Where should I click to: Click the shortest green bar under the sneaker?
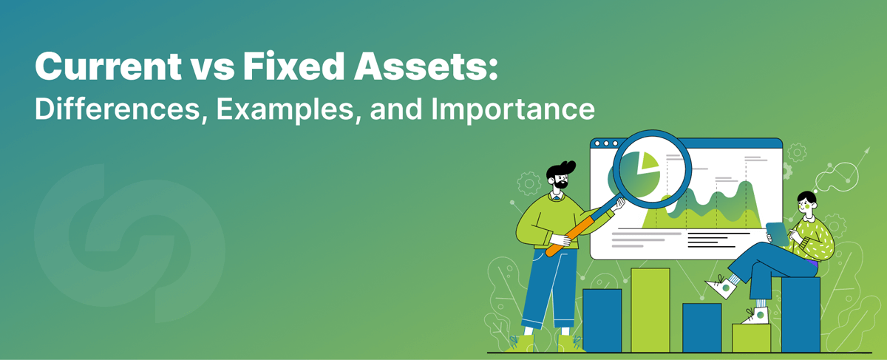point(751,338)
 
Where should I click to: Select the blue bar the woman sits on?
point(801,313)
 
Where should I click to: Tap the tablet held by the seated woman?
point(777,232)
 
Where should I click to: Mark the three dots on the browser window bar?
point(607,143)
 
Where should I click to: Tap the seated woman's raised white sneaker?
point(720,285)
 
